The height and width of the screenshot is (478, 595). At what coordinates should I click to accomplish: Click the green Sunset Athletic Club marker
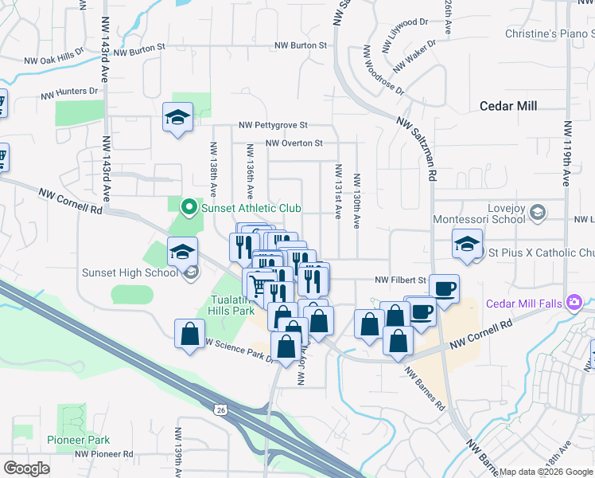click(189, 208)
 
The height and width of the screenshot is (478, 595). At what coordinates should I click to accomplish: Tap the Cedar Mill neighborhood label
click(508, 106)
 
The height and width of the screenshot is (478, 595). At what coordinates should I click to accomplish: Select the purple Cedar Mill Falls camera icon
click(574, 303)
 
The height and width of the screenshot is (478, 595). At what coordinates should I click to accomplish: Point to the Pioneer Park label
click(78, 440)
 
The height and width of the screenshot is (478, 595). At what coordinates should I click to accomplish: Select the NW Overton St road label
click(294, 143)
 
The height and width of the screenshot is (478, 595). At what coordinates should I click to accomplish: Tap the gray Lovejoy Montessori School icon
click(539, 212)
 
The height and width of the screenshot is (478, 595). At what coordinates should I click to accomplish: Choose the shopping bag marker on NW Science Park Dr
click(190, 332)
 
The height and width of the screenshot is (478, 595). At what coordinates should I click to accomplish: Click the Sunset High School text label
click(130, 272)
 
